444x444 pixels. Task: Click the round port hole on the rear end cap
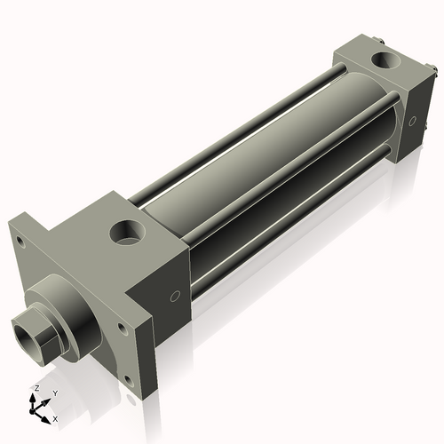point(387,62)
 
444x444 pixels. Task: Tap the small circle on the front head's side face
point(175,295)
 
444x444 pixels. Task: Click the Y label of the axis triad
point(54,392)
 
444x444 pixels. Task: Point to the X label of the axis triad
point(55,417)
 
